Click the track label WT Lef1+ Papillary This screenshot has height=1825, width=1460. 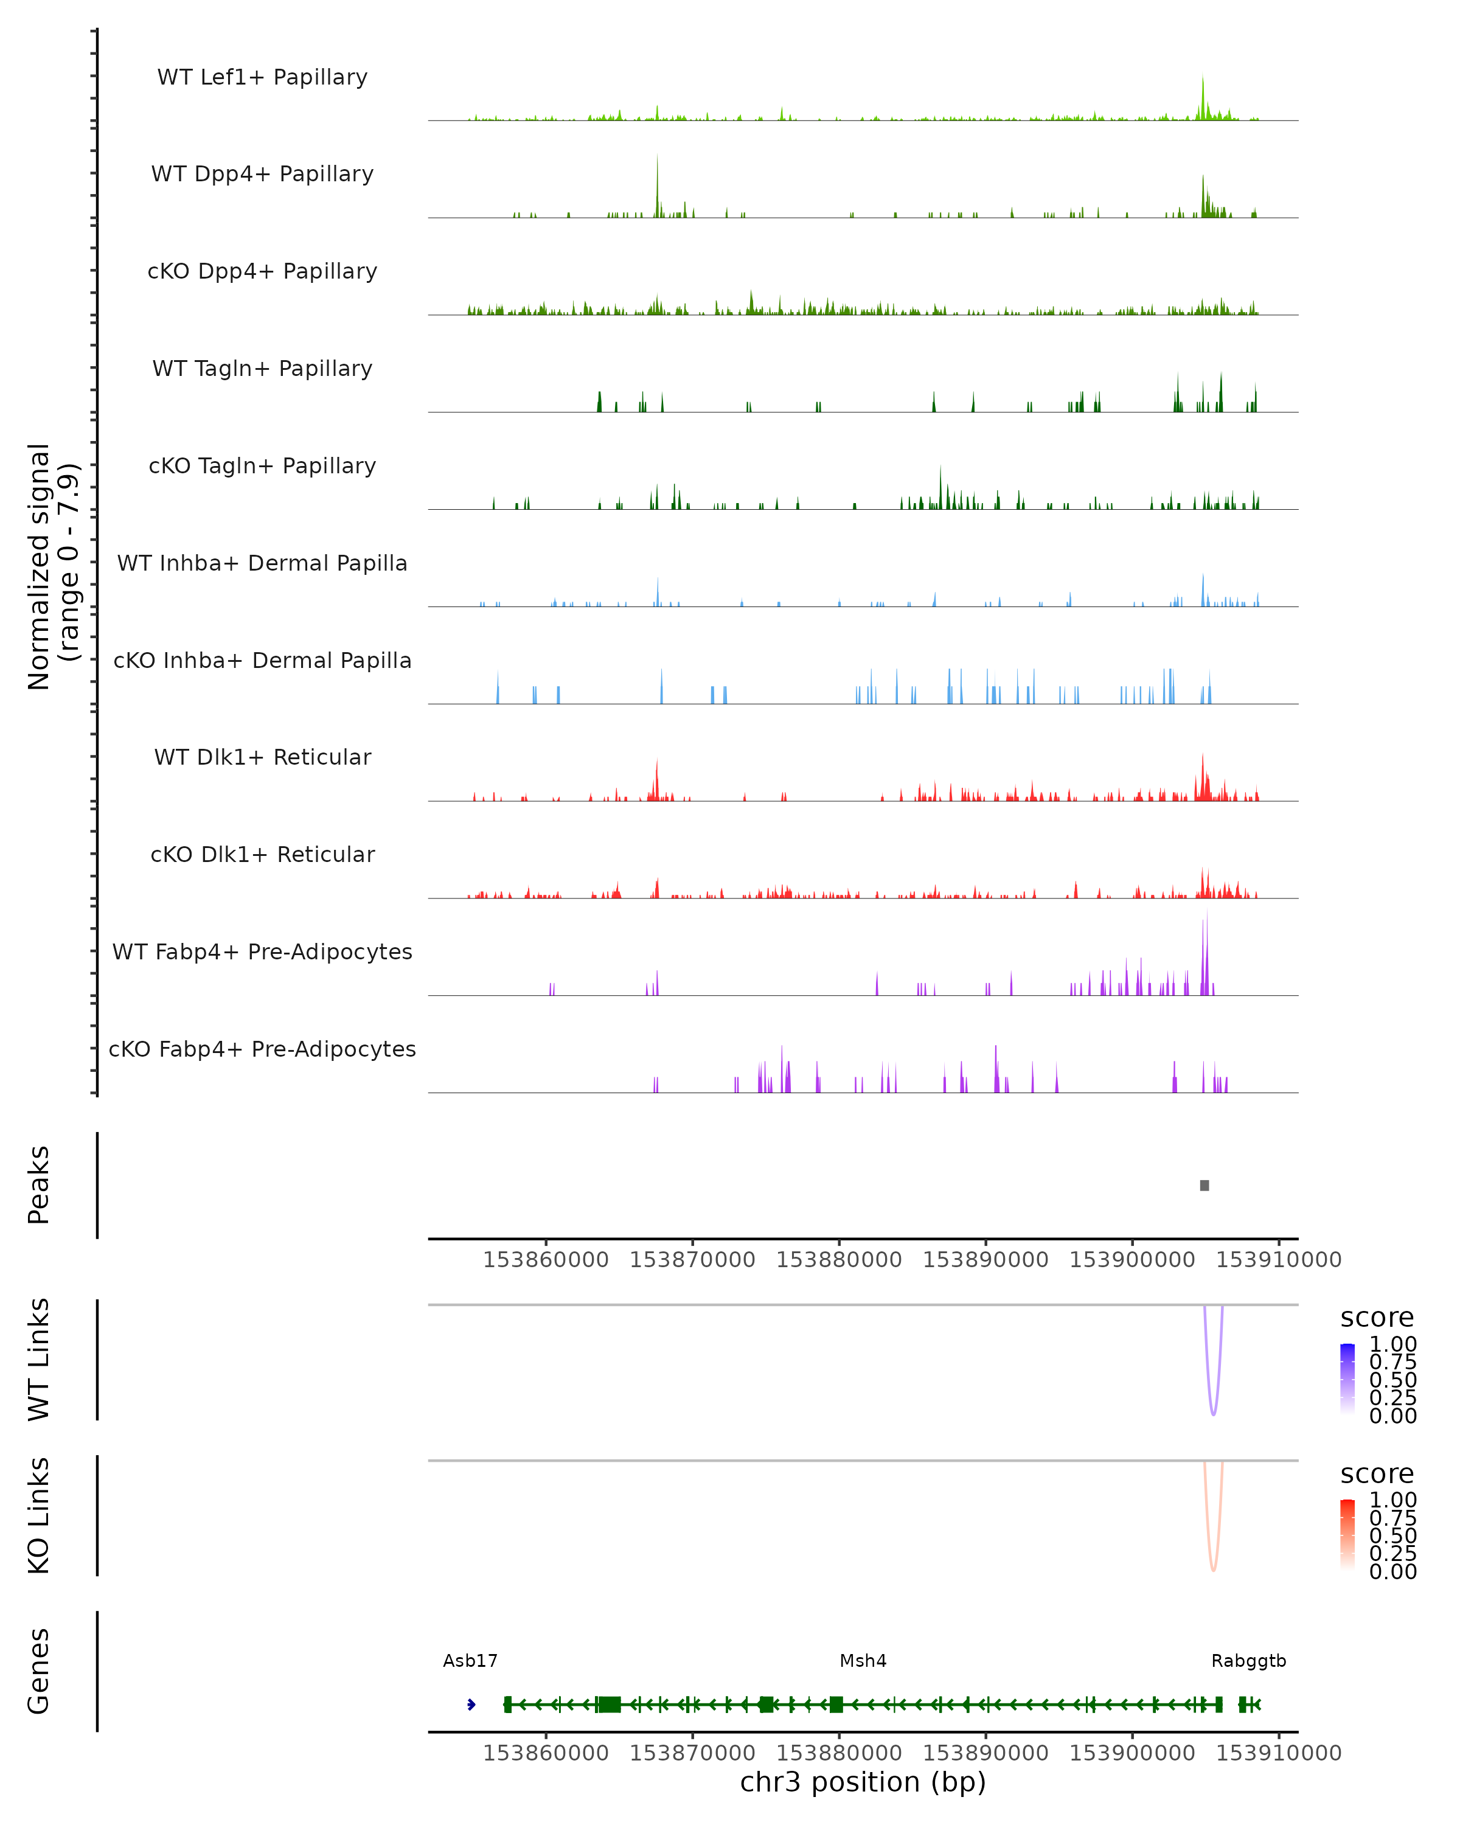pyautogui.click(x=262, y=77)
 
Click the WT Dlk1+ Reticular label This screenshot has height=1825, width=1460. pyautogui.click(x=262, y=757)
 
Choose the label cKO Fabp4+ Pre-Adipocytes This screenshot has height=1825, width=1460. pyautogui.click(x=262, y=1049)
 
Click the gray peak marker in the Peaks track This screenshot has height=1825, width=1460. pyautogui.click(x=1204, y=1185)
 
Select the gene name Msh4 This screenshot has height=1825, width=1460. pyautogui.click(x=863, y=1660)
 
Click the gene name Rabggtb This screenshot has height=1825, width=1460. pyautogui.click(x=1248, y=1660)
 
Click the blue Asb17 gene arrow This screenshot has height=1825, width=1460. pyautogui.click(x=471, y=1704)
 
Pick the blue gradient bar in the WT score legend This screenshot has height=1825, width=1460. pyautogui.click(x=1347, y=1378)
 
